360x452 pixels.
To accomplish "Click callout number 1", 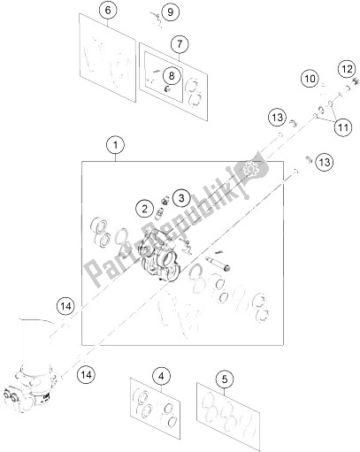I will pos(113,143).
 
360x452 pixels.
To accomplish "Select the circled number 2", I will pos(142,208).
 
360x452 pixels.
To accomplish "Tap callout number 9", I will pos(171,11).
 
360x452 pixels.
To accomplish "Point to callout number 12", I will pos(346,69).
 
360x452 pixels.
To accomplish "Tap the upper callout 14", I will pos(63,306).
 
